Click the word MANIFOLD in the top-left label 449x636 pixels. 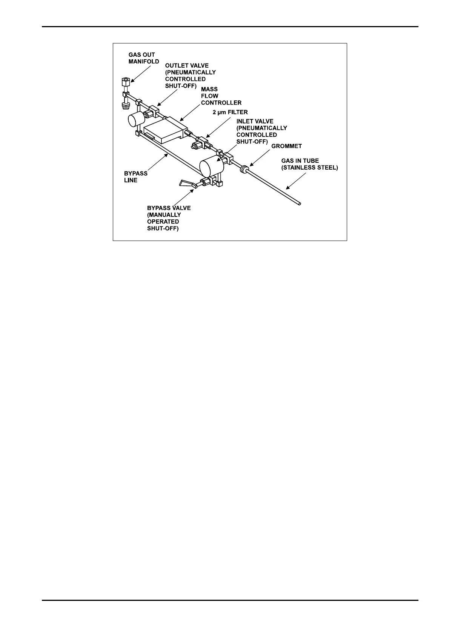coord(144,62)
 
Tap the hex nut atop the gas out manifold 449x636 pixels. coord(126,81)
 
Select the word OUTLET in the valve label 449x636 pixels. coord(176,66)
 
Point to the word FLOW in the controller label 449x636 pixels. coord(209,96)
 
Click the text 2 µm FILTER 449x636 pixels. coord(230,112)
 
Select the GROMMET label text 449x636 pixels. coord(287,146)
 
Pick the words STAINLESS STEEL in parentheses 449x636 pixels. coord(310,168)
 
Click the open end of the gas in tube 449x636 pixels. coord(300,204)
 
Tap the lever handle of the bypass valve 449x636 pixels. coord(187,184)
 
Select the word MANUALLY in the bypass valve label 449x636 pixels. coord(164,215)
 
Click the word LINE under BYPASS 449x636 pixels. coord(131,180)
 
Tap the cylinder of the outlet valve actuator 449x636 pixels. coord(134,119)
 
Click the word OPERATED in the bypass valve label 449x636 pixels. coord(163,222)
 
